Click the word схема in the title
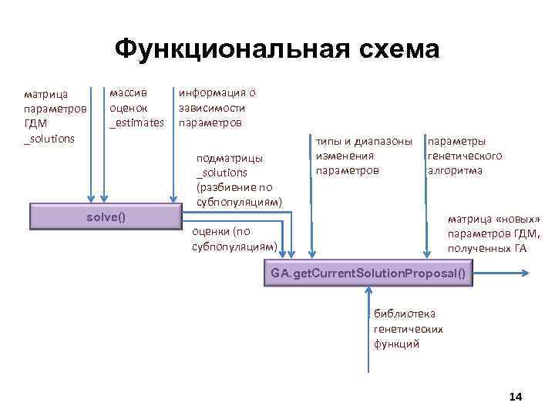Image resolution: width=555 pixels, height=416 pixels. click(x=392, y=50)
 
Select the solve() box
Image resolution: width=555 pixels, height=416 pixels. click(x=105, y=216)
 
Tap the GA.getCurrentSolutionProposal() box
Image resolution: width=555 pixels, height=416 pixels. click(x=368, y=273)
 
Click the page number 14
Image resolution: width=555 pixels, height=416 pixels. click(x=516, y=396)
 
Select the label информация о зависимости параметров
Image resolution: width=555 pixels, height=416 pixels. click(x=217, y=108)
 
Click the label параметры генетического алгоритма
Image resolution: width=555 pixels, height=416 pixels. click(x=464, y=156)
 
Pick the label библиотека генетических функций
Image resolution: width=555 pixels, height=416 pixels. click(x=408, y=328)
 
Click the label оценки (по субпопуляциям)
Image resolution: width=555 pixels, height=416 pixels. click(x=234, y=239)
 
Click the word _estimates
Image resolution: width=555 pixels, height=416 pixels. click(x=136, y=122)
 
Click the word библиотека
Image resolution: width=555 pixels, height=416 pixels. click(x=404, y=314)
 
